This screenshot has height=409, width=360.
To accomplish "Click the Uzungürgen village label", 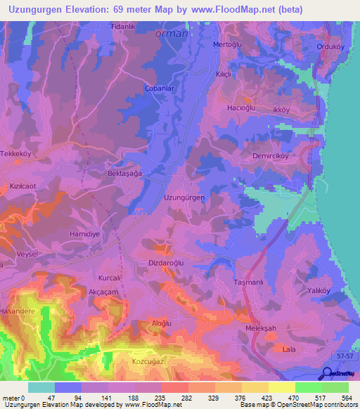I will click(x=184, y=198).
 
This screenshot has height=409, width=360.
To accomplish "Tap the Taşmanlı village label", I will click(x=247, y=282).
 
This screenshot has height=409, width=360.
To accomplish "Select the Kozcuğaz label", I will click(x=148, y=361).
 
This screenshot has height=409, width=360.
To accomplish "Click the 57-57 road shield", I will click(x=343, y=357).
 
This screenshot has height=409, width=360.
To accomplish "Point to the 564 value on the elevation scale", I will click(x=348, y=397).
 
